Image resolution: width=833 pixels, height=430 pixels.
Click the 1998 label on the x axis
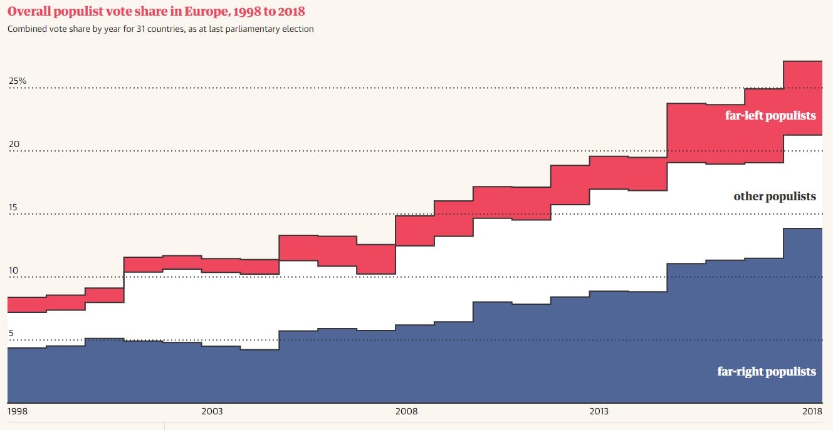click(x=17, y=411)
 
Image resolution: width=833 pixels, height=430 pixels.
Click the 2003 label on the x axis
click(x=212, y=411)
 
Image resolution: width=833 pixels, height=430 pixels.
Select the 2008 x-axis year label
click(x=406, y=411)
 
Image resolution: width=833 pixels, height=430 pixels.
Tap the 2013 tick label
click(x=599, y=411)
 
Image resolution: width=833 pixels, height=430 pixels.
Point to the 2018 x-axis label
click(x=812, y=411)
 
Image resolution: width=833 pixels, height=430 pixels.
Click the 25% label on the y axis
click(x=18, y=81)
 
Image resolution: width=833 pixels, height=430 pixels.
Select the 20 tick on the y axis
click(x=14, y=144)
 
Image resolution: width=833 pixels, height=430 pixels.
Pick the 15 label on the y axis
click(x=14, y=208)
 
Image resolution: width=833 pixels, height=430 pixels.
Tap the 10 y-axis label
click(x=14, y=271)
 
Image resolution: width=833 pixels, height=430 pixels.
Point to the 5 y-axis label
click(x=11, y=334)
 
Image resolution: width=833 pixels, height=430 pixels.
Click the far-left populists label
click(x=770, y=115)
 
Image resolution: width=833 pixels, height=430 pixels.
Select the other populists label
click(x=775, y=197)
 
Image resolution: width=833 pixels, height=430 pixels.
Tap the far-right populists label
click(x=767, y=372)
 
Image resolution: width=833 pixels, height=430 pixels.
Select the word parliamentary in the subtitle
click(x=258, y=29)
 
